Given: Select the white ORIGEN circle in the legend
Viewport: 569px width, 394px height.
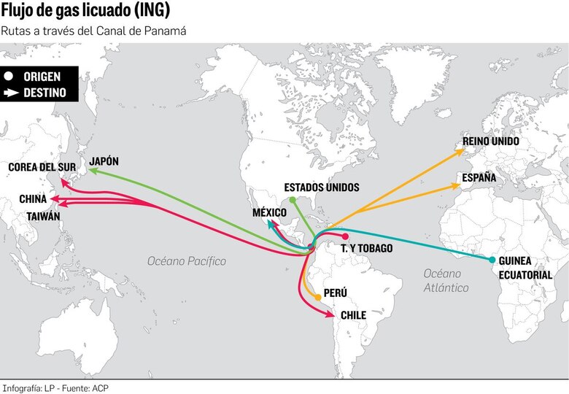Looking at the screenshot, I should pyautogui.click(x=9, y=77).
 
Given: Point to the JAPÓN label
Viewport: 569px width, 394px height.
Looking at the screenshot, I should pyautogui.click(x=104, y=161).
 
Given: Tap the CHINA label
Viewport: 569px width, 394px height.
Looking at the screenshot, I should pyautogui.click(x=33, y=198).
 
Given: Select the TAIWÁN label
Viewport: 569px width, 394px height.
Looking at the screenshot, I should pyautogui.click(x=43, y=217).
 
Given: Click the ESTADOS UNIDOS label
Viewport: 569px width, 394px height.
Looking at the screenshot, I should pyautogui.click(x=321, y=188).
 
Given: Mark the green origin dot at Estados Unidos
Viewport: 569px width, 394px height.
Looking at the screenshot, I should pyautogui.click(x=292, y=199).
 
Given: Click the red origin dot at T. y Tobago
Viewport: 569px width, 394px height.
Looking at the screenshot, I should pyautogui.click(x=345, y=236).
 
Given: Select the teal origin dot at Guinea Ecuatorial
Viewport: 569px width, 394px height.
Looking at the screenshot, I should pyautogui.click(x=492, y=260).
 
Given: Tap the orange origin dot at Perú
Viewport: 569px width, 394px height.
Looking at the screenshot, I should pyautogui.click(x=318, y=297).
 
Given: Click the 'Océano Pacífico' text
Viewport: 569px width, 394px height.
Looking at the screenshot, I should pyautogui.click(x=187, y=261).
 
